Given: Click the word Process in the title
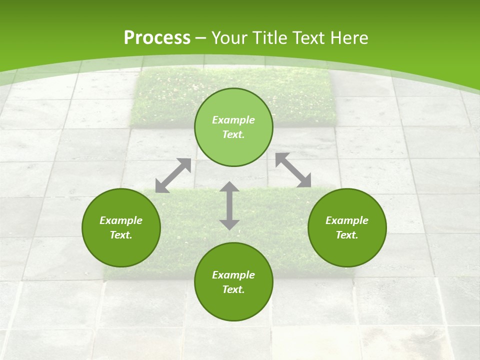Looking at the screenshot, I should pos(157,38).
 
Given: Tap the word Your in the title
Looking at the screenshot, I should pos(230,38).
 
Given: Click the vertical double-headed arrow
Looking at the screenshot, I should pos(229,205).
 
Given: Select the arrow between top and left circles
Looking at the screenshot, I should pos(173,175).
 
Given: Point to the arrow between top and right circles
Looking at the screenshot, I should pos(293,170).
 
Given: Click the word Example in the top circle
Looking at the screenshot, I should pos(233,120).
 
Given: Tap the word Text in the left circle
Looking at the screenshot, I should pos(121,235).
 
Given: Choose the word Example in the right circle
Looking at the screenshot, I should pos(347,220).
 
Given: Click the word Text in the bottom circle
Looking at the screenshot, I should pos(233,289).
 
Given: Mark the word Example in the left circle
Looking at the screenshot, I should pos(121,220).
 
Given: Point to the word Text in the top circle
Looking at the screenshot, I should pos(233,134).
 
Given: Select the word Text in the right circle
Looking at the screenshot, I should pos(347,235).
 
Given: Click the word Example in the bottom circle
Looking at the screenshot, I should pos(233,275).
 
